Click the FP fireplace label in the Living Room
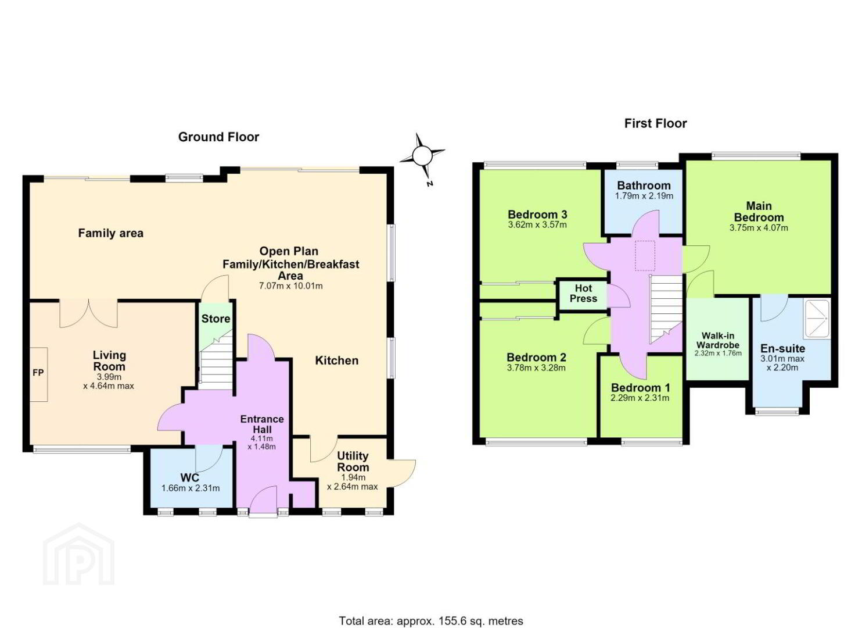pos(38,373)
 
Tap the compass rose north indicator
pos(422,156)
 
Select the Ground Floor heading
pos(218,137)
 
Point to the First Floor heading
pos(655,123)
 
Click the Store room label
pos(215,319)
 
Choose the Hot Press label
pos(583,293)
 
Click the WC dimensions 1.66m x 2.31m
pos(191,488)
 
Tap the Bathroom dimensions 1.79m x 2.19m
pos(644,196)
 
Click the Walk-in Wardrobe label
pos(718,340)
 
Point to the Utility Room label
pos(353,461)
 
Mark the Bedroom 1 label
pos(640,387)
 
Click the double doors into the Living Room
pos(88,313)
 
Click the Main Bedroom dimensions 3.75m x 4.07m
pos(759,228)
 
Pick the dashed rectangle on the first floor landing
pos(645,256)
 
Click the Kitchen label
pos(337,361)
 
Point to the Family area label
pos(110,233)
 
